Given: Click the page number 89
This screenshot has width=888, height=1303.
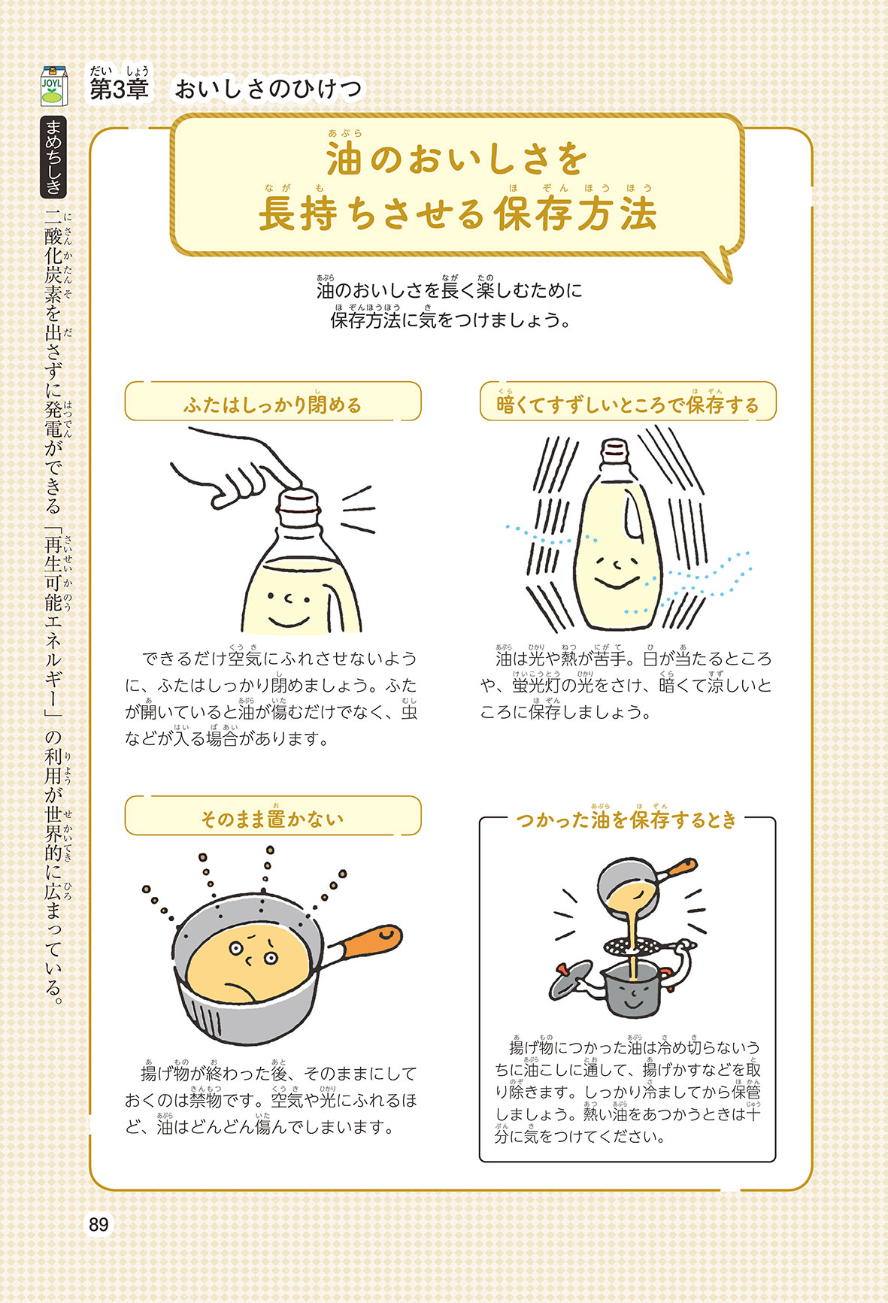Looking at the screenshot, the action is coord(98,1225).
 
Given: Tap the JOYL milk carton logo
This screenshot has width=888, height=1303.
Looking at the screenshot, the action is coord(53,86).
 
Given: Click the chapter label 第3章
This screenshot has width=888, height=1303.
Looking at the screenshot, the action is coord(119,89).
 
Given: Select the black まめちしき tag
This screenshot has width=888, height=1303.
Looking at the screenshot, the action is coord(53,156).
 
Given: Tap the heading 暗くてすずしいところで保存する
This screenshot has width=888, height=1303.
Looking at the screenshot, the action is coord(628,405).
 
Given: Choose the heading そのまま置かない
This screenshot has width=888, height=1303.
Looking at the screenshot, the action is coord(272,819).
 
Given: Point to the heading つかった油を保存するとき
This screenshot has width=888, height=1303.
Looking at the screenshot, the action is coord(626,820).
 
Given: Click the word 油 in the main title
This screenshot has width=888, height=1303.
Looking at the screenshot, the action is coord(344,159).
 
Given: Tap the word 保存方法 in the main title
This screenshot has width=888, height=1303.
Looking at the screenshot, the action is coord(576,214).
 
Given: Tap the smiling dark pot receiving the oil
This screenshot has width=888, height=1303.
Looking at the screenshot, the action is coord(632,989).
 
